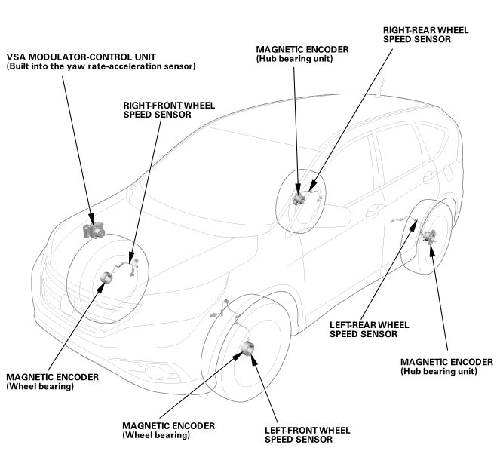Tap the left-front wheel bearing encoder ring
point(247,348)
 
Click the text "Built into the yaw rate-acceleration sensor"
point(101,67)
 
